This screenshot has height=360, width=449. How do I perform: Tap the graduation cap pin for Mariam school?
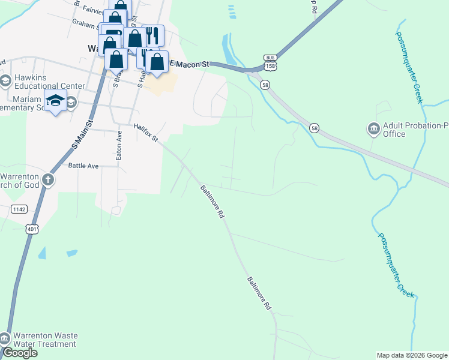tap(55, 101)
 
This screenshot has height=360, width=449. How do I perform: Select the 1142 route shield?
tap(19, 208)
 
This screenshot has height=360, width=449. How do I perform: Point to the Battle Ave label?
tap(83, 166)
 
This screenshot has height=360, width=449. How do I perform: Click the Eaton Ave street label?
tap(119, 146)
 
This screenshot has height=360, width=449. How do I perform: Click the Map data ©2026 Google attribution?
tap(412, 355)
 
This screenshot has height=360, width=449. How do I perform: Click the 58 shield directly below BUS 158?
tap(265, 85)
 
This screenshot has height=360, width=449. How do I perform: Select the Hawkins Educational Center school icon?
tap(5, 81)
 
